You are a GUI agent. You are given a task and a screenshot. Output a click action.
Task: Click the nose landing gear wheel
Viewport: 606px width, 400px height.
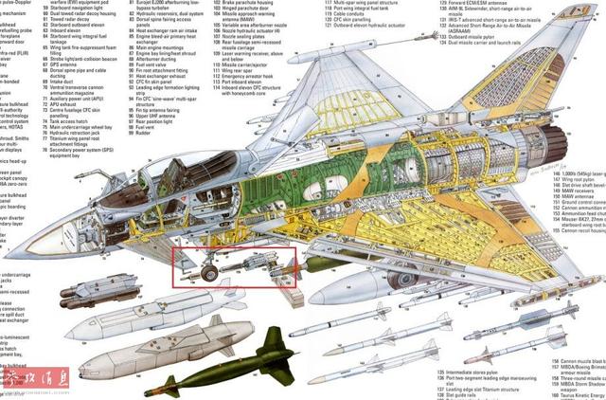click(210, 274)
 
